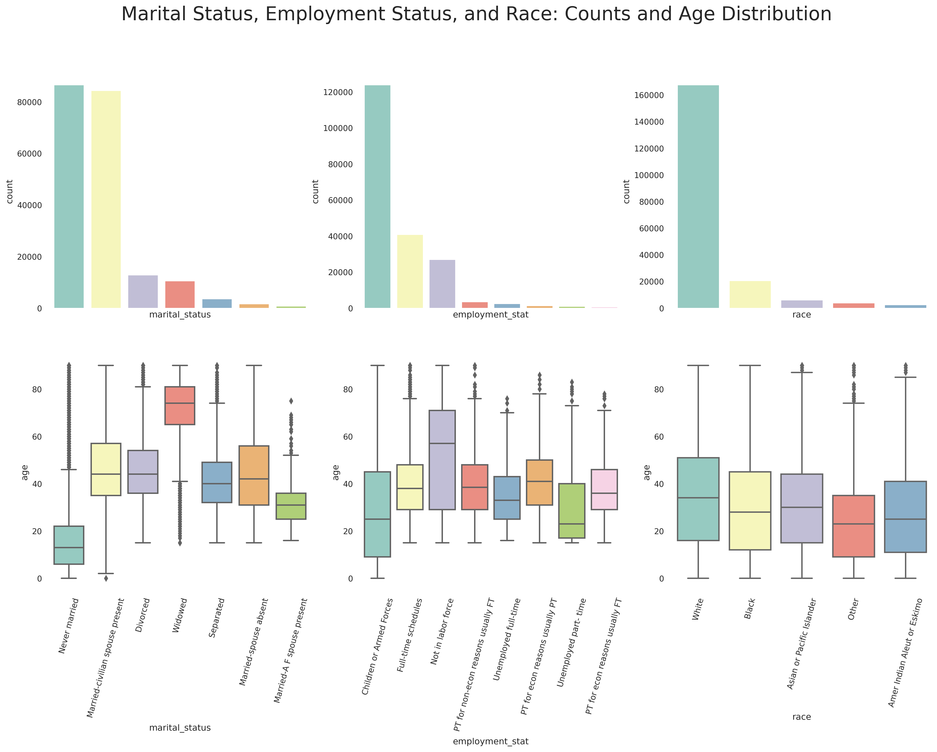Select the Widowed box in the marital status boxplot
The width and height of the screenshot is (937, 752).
(179, 405)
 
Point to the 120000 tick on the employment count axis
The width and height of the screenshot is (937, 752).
(338, 92)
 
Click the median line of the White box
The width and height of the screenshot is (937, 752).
(698, 498)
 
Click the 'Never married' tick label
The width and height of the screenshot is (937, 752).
(69, 626)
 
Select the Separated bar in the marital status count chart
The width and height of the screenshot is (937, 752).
(217, 303)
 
